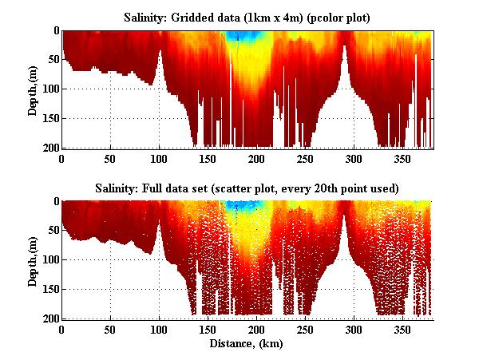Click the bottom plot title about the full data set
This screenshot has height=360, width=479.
coord(247,188)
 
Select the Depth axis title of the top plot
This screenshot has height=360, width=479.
coord(33,89)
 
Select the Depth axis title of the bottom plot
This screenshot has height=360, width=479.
coord(33,260)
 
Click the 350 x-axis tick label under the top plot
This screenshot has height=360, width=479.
coord(403,160)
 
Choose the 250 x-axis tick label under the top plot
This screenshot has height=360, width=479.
coord(306,160)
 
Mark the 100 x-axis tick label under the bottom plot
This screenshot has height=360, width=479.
coord(160,330)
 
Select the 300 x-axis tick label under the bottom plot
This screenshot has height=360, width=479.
coord(354,330)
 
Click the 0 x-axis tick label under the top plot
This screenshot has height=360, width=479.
coord(62,160)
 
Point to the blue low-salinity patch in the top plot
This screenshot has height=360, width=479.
coord(236,36)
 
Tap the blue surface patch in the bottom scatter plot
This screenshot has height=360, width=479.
coord(236,206)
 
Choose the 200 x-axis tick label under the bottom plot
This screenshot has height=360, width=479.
coord(257,330)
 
